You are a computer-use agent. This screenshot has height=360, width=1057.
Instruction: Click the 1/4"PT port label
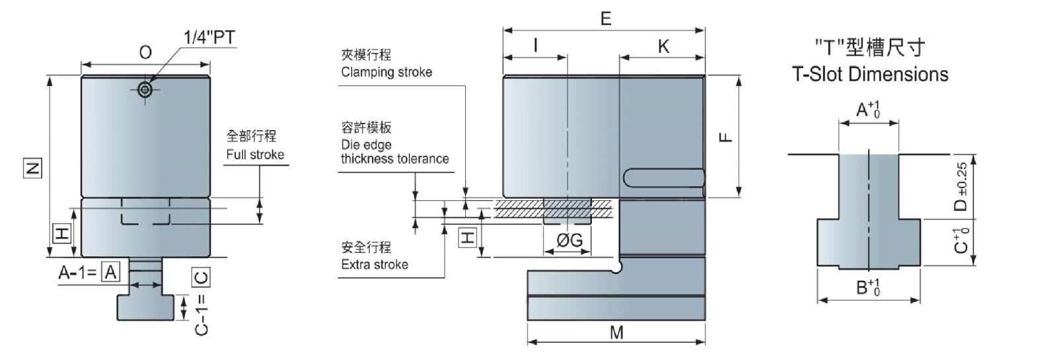click(x=209, y=37)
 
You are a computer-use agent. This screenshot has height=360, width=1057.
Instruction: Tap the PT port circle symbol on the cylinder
click(x=145, y=90)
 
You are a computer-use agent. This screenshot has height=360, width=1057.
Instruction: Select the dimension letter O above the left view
click(x=145, y=52)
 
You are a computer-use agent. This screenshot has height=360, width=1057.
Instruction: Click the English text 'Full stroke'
click(x=255, y=155)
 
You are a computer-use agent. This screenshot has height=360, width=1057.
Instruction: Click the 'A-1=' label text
click(x=78, y=271)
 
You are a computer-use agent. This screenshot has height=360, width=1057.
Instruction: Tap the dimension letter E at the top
click(x=606, y=18)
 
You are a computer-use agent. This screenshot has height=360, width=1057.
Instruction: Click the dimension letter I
click(x=535, y=45)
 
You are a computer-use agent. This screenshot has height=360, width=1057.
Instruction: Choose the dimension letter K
click(x=663, y=46)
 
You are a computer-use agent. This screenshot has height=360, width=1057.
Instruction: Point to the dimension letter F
click(x=725, y=137)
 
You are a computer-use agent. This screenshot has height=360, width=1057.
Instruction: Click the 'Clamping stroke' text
click(x=386, y=72)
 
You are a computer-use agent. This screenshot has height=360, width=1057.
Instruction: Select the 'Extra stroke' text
click(x=375, y=264)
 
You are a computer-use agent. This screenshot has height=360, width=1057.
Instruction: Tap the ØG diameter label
click(x=569, y=240)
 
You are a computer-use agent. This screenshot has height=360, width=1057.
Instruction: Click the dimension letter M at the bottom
click(x=616, y=332)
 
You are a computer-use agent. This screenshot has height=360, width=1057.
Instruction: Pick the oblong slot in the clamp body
click(x=663, y=178)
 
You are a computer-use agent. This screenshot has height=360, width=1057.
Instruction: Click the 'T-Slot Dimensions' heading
click(x=870, y=74)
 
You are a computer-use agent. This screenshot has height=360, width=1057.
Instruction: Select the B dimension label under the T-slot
click(x=867, y=288)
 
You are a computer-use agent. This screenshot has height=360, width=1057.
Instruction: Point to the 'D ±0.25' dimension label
click(x=961, y=187)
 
